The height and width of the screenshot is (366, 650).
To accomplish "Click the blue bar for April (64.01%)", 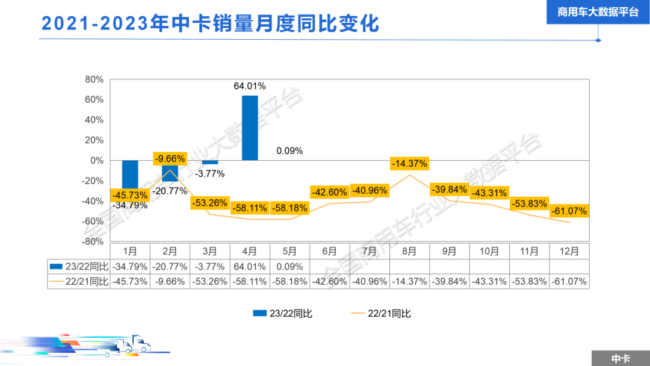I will [250, 128].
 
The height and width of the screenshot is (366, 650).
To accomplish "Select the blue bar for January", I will [130, 175].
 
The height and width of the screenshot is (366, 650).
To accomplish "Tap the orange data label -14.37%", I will [409, 163].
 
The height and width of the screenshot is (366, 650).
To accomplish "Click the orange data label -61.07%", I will [569, 211].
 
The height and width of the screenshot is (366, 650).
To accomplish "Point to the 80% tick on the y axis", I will [94, 79].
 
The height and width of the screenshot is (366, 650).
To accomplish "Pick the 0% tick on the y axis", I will [96, 160].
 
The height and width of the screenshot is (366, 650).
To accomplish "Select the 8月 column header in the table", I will [409, 251].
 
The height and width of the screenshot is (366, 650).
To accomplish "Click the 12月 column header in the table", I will [569, 251].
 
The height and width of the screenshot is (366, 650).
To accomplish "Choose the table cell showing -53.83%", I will [529, 281].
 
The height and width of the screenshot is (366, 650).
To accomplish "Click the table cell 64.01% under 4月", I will [250, 266].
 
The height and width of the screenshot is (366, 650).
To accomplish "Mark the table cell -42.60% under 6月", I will [329, 281].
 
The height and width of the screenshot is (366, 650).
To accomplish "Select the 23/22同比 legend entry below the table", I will [283, 313].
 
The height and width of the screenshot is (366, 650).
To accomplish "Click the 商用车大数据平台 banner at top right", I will [598, 12].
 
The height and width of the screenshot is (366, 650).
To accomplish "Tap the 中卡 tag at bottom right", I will [621, 358].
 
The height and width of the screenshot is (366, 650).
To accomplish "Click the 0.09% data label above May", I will [289, 150].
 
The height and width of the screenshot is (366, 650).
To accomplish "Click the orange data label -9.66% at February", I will [170, 159].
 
